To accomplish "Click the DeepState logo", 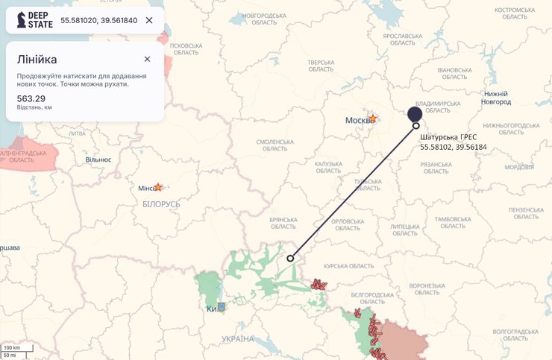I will click(34, 20).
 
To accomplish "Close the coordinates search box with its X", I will click(149, 20).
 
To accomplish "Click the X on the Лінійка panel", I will click(147, 59).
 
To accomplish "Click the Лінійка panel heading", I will click(37, 59).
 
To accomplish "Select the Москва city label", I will click(357, 120).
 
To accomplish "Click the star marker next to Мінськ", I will click(158, 187).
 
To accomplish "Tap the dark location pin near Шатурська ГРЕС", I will click(415, 114).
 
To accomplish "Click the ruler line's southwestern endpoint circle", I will click(290, 258).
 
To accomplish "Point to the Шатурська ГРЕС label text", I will click(448, 137).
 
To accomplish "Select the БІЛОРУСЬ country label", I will click(161, 203).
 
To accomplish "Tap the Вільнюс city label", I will click(98, 160).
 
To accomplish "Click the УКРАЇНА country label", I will click(237, 339).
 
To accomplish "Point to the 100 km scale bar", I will click(12, 348).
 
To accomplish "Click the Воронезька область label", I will click(427, 289).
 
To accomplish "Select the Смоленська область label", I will click(275, 145).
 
